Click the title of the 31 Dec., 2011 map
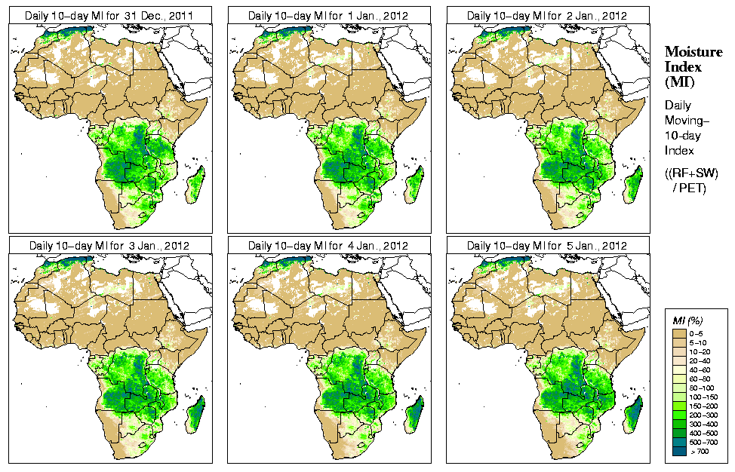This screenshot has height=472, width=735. tap(109, 15)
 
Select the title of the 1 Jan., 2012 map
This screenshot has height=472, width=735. tap(328, 15)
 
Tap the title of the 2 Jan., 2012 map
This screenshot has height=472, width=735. tap(547, 15)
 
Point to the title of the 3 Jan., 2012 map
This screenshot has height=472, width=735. tap(109, 246)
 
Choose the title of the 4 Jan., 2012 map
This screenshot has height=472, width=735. tap(328, 246)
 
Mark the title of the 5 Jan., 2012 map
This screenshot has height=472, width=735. tap(547, 246)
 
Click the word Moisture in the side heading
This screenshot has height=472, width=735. tap(693, 51)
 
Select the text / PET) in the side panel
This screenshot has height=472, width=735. tap(689, 188)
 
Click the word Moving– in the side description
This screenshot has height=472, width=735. tap(687, 121)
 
